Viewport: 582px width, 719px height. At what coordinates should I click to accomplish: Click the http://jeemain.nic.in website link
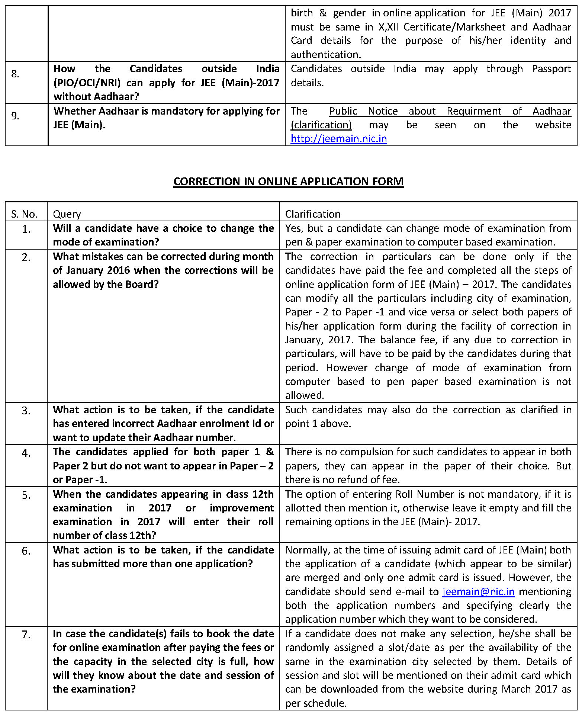point(338,139)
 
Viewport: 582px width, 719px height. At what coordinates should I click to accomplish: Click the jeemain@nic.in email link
point(478,591)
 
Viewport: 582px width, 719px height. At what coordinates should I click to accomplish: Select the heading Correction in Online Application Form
point(289,182)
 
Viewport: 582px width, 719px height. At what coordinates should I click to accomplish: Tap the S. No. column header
point(25,214)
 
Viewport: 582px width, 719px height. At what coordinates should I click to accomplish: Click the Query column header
point(67,214)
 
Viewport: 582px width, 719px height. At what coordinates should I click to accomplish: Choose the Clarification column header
point(313,214)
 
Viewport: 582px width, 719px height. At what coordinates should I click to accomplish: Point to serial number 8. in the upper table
point(15,74)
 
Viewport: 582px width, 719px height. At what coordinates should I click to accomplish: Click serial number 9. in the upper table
point(15,116)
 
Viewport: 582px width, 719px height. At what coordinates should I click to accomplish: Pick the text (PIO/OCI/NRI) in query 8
point(87,83)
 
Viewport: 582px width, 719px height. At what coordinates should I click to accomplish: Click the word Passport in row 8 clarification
point(551,69)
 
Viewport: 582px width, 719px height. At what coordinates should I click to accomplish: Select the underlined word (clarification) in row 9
point(321,125)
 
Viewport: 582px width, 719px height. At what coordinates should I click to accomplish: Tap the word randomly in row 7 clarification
point(310,648)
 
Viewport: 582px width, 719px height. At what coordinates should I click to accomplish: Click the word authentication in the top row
point(325,55)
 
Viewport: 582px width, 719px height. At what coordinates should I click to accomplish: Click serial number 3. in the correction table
point(26,411)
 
